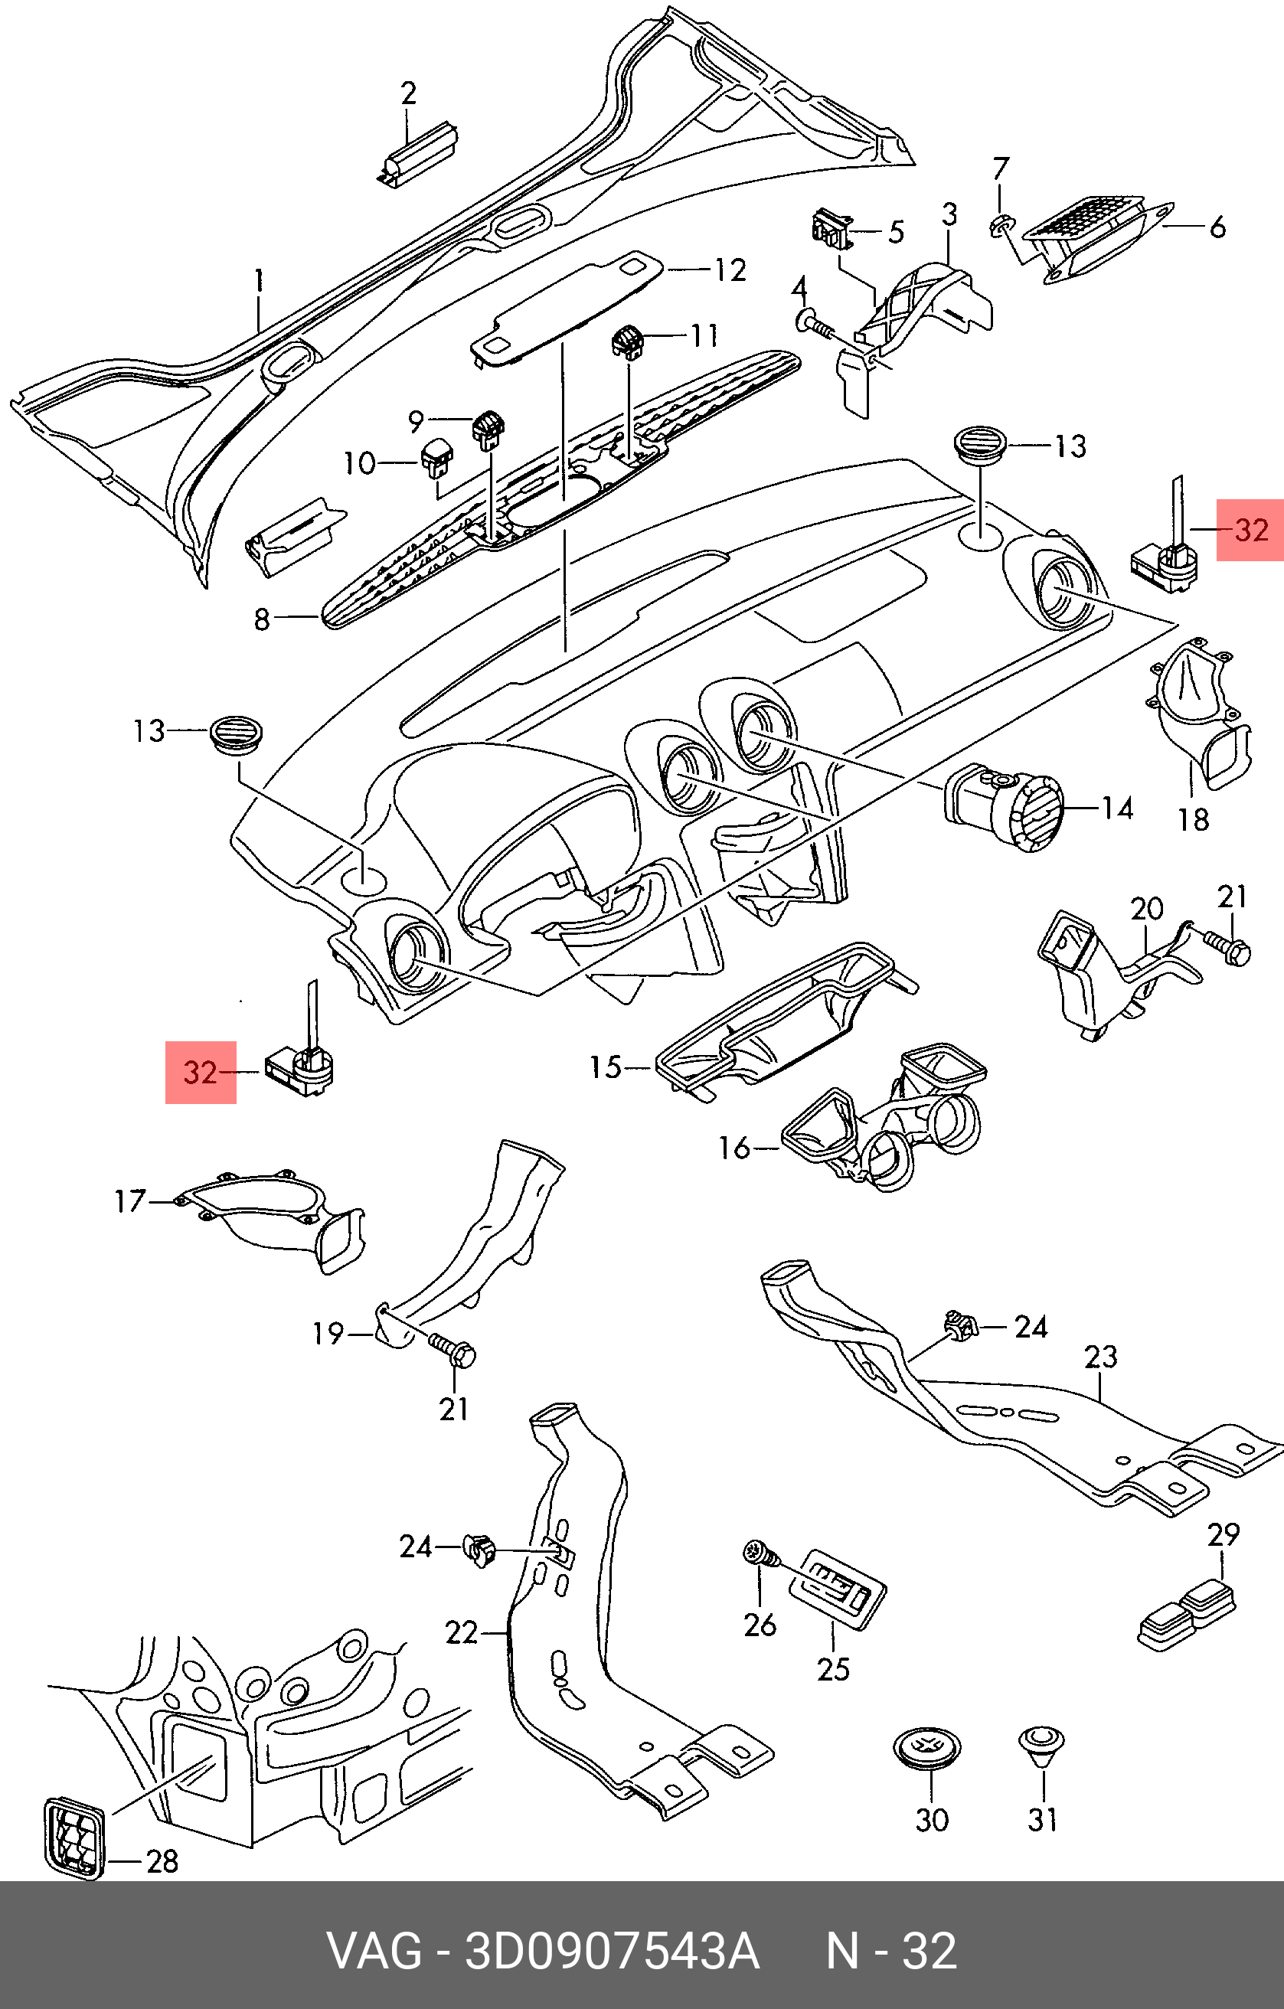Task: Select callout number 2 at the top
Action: coord(408,93)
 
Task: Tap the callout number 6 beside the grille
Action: coord(1217,227)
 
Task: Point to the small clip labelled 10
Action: coord(436,457)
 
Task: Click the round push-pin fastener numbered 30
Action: coord(927,1748)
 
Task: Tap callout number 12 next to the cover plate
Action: coord(730,270)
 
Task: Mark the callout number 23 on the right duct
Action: coord(1099,1357)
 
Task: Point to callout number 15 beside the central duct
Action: coord(606,1067)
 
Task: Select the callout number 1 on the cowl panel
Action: coord(259,279)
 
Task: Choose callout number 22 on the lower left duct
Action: coord(460,1633)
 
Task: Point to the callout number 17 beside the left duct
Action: coord(130,1201)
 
